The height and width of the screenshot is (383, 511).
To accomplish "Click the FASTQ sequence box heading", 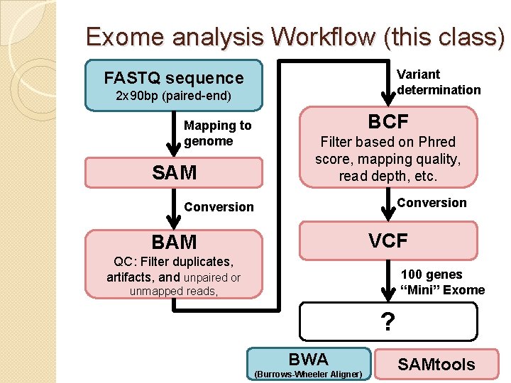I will pos(173,78).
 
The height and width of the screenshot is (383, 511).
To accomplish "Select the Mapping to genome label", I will pos(217,133).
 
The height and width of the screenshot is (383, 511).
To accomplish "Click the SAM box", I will pos(174,172).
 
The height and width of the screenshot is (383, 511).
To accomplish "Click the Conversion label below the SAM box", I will pos(219,207).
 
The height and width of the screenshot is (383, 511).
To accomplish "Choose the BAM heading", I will pos(174,243).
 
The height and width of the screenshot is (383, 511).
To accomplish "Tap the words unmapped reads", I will pos(173,291).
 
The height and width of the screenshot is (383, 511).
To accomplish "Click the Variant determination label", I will pos(439,82).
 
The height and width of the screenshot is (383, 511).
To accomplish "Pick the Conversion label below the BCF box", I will pos(432,203).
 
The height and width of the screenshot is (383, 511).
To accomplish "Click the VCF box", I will pos(388,241).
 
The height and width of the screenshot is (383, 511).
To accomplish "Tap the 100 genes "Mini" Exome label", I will pos(443,282).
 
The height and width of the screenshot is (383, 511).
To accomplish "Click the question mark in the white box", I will pos(388,322).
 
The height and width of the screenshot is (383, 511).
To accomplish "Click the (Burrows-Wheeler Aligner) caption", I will pos(308,374).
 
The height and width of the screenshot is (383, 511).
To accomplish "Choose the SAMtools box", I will pos(436,365).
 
